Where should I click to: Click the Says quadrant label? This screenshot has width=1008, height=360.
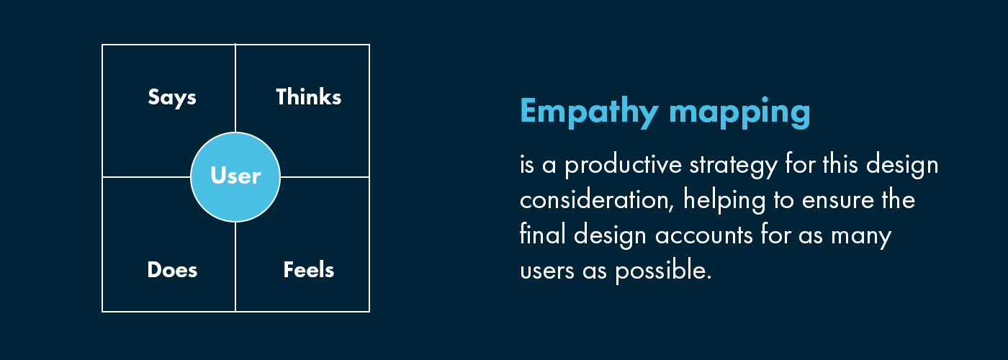172,97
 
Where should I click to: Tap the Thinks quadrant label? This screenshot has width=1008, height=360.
308,97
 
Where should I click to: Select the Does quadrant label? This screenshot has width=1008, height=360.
172,270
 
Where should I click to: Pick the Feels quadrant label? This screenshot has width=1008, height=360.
308,270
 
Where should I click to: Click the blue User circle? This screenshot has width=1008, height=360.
235,176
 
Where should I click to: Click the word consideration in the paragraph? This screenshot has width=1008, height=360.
598,200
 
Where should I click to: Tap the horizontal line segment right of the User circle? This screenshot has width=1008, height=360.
325,176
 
